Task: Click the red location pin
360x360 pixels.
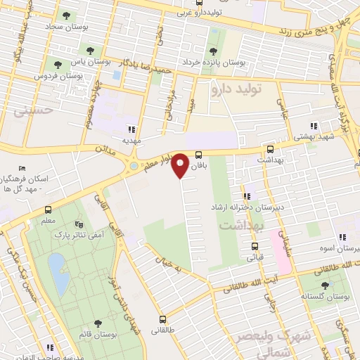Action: click(x=181, y=165)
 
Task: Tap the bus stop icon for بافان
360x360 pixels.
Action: click(x=199, y=154)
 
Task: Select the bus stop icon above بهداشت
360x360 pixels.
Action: click(x=270, y=149)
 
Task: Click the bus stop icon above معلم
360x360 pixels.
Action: click(x=48, y=210)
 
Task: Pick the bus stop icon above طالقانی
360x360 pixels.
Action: click(x=162, y=319)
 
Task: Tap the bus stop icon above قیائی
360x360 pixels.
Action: click(x=255, y=247)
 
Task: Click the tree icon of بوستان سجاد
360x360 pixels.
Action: click(x=66, y=15)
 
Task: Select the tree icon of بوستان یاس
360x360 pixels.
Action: click(x=89, y=49)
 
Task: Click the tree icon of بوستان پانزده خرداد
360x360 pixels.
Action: click(x=214, y=51)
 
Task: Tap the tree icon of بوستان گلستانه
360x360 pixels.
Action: click(x=324, y=285)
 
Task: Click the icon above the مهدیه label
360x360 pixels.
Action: click(x=131, y=129)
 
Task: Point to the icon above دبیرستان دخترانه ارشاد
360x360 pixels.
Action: click(x=247, y=197)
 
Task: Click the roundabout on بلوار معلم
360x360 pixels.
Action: click(x=134, y=167)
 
